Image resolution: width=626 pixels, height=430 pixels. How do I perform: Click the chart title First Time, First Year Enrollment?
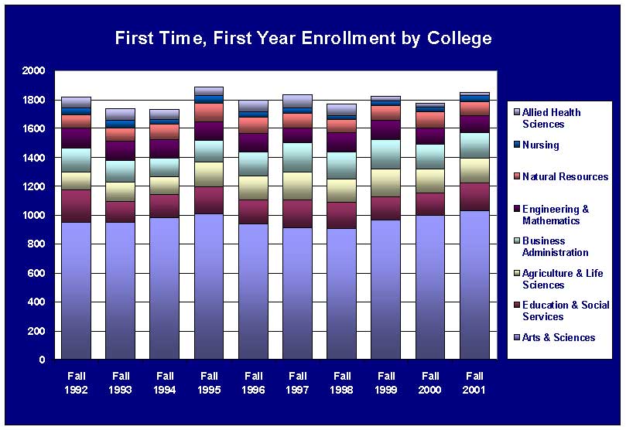click(303, 39)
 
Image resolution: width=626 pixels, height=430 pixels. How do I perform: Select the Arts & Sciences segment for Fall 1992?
click(77, 291)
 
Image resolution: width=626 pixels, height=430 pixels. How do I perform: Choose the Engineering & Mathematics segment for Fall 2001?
click(474, 124)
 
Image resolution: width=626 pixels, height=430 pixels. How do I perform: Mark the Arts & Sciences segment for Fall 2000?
click(429, 287)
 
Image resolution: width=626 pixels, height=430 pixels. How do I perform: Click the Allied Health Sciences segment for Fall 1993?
click(121, 114)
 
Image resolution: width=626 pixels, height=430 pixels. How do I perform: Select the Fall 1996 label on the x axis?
click(253, 383)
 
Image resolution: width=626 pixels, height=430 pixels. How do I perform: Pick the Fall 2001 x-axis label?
click(474, 383)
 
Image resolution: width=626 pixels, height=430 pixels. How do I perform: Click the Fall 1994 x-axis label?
click(165, 383)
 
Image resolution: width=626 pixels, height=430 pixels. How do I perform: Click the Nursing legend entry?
click(540, 145)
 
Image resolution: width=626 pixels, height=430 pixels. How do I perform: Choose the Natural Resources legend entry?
click(565, 176)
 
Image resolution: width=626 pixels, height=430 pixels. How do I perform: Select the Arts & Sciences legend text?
click(559, 337)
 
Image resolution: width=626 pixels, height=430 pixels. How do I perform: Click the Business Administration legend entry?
click(555, 247)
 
